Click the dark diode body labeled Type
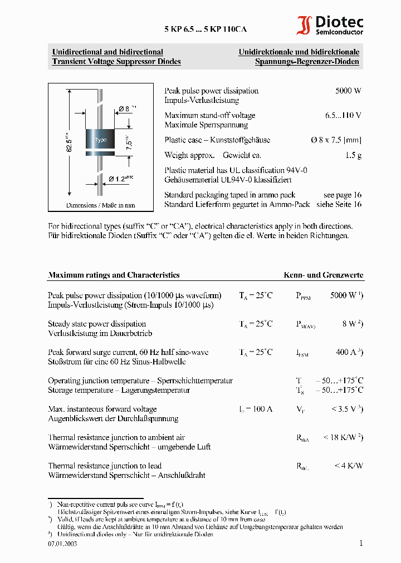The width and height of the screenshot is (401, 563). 100,140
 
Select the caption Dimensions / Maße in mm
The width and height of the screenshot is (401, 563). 100,205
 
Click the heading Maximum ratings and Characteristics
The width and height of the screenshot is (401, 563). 114,275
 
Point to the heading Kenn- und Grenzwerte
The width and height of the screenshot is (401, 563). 323,275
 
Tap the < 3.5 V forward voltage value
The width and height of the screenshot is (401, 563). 347,409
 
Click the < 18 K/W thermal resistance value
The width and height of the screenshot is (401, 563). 344,437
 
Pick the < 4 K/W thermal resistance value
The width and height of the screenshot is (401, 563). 349,466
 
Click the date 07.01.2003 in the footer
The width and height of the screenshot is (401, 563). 62,544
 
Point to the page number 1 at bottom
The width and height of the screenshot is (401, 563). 360,543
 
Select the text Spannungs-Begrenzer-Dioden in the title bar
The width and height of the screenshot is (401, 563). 307,62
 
